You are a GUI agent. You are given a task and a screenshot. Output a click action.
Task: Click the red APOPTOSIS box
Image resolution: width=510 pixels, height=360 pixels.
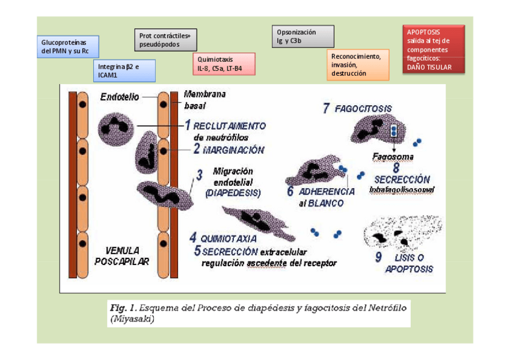[433, 49]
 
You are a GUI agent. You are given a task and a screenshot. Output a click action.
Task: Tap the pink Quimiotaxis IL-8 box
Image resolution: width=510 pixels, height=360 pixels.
[223, 64]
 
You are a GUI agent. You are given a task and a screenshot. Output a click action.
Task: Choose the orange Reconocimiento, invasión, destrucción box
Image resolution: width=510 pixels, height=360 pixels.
[357, 65]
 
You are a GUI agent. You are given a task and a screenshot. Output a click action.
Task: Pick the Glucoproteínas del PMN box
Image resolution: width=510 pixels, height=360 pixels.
[67, 47]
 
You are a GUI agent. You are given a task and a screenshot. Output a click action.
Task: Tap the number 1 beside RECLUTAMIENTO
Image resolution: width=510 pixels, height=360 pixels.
[187, 126]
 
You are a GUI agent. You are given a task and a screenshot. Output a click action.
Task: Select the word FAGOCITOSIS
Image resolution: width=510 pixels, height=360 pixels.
[363, 109]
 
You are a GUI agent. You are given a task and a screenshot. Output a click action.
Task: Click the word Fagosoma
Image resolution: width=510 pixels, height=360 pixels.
[392, 157]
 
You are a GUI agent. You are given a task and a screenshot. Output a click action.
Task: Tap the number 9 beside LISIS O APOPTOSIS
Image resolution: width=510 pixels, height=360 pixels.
[378, 258]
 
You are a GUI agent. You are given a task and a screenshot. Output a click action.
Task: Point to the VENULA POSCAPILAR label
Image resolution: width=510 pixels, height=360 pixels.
[122, 255]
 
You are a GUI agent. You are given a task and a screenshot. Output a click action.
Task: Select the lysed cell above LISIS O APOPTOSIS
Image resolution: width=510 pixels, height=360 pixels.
[403, 234]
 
